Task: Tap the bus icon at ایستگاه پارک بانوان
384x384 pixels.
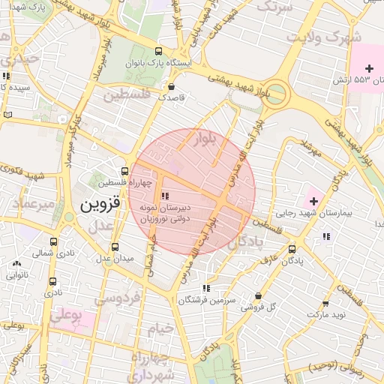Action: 157,51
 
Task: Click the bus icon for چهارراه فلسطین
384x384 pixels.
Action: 125,170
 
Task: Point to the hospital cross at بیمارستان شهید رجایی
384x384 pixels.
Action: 313,200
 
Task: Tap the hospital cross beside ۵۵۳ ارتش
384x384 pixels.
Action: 368,68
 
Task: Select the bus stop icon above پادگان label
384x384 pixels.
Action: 292,249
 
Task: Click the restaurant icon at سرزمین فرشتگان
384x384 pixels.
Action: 205,288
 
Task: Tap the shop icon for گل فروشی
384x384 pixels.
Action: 259,295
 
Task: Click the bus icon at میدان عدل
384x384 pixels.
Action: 115,247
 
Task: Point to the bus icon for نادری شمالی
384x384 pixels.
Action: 52,242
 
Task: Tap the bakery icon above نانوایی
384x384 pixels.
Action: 16,263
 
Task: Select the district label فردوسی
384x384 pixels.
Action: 117,298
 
